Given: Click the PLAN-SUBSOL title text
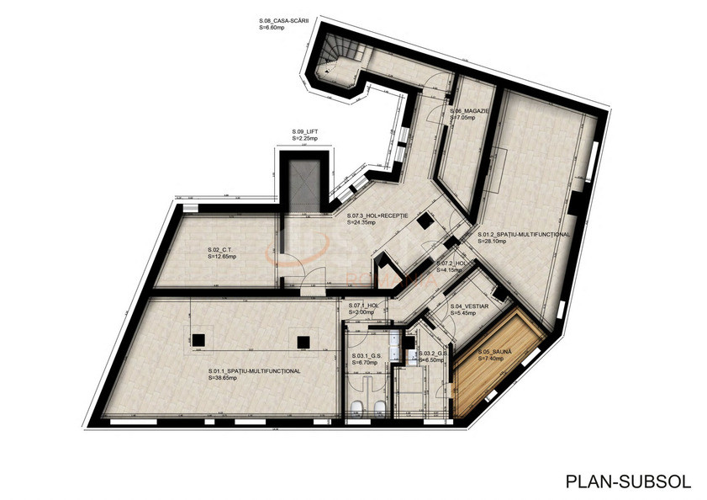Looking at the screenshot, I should click(x=628, y=481).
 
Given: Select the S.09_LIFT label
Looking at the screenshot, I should click(x=305, y=132).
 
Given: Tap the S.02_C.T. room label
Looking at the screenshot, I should click(x=219, y=250).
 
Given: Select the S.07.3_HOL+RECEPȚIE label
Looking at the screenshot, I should click(x=377, y=216).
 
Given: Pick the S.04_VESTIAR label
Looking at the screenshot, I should click(x=469, y=306).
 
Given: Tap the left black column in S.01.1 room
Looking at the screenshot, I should click(x=199, y=340).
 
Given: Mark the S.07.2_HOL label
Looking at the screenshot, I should click(x=451, y=263).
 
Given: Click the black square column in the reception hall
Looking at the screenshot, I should click(x=426, y=221).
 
